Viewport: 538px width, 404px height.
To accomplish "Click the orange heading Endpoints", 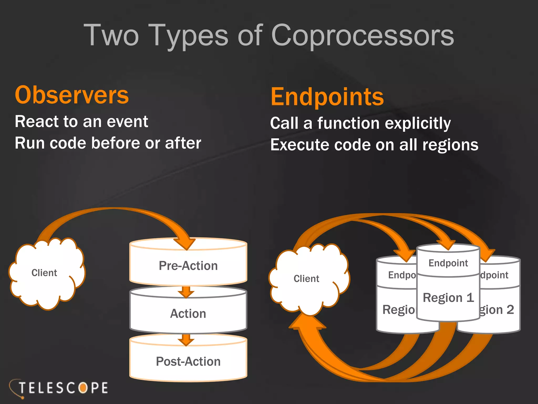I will (x=327, y=97).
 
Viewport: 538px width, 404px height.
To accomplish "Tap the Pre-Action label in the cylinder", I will (x=188, y=266).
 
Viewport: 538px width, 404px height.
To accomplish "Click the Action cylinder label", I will (x=188, y=314).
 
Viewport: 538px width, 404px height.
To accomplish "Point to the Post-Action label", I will (x=188, y=361).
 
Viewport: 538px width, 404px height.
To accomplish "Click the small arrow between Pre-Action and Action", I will (x=186, y=292).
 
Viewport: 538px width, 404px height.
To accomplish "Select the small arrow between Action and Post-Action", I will (x=186, y=340).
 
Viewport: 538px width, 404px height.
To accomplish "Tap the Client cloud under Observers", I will (x=45, y=273).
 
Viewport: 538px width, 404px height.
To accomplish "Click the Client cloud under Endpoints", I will (x=306, y=279).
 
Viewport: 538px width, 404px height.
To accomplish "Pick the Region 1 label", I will (x=448, y=298).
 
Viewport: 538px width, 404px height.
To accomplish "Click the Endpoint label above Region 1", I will (x=448, y=263).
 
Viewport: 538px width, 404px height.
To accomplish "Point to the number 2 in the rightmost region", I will (x=510, y=310).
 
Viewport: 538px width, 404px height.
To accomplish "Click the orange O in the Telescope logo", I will (x=83, y=388).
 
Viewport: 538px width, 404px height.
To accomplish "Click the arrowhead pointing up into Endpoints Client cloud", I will (x=307, y=322).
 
